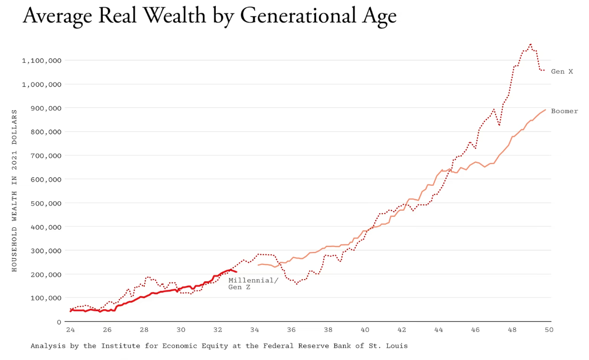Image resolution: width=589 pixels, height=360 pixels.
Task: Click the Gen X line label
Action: click(x=561, y=72)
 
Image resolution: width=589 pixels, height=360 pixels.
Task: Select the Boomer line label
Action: click(x=564, y=111)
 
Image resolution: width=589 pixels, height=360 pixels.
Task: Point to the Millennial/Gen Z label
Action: click(x=253, y=283)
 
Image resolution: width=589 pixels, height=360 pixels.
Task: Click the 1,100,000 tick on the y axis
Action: click(x=42, y=61)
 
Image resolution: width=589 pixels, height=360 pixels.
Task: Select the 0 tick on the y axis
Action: click(x=59, y=322)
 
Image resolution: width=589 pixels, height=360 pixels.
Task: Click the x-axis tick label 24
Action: click(x=70, y=329)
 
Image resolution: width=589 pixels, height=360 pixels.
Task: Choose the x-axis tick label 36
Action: click(x=291, y=329)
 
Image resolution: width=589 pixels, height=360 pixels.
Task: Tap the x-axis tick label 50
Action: click(x=549, y=329)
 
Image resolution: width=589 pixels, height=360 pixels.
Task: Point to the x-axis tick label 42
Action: click(x=402, y=329)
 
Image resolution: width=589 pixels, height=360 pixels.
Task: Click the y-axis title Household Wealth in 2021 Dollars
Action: click(x=15, y=190)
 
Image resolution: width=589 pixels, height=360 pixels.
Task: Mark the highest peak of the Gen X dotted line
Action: click(x=530, y=45)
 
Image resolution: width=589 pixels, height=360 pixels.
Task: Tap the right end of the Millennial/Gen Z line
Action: click(x=237, y=272)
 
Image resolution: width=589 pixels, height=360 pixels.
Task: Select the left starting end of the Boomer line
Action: click(x=258, y=265)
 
